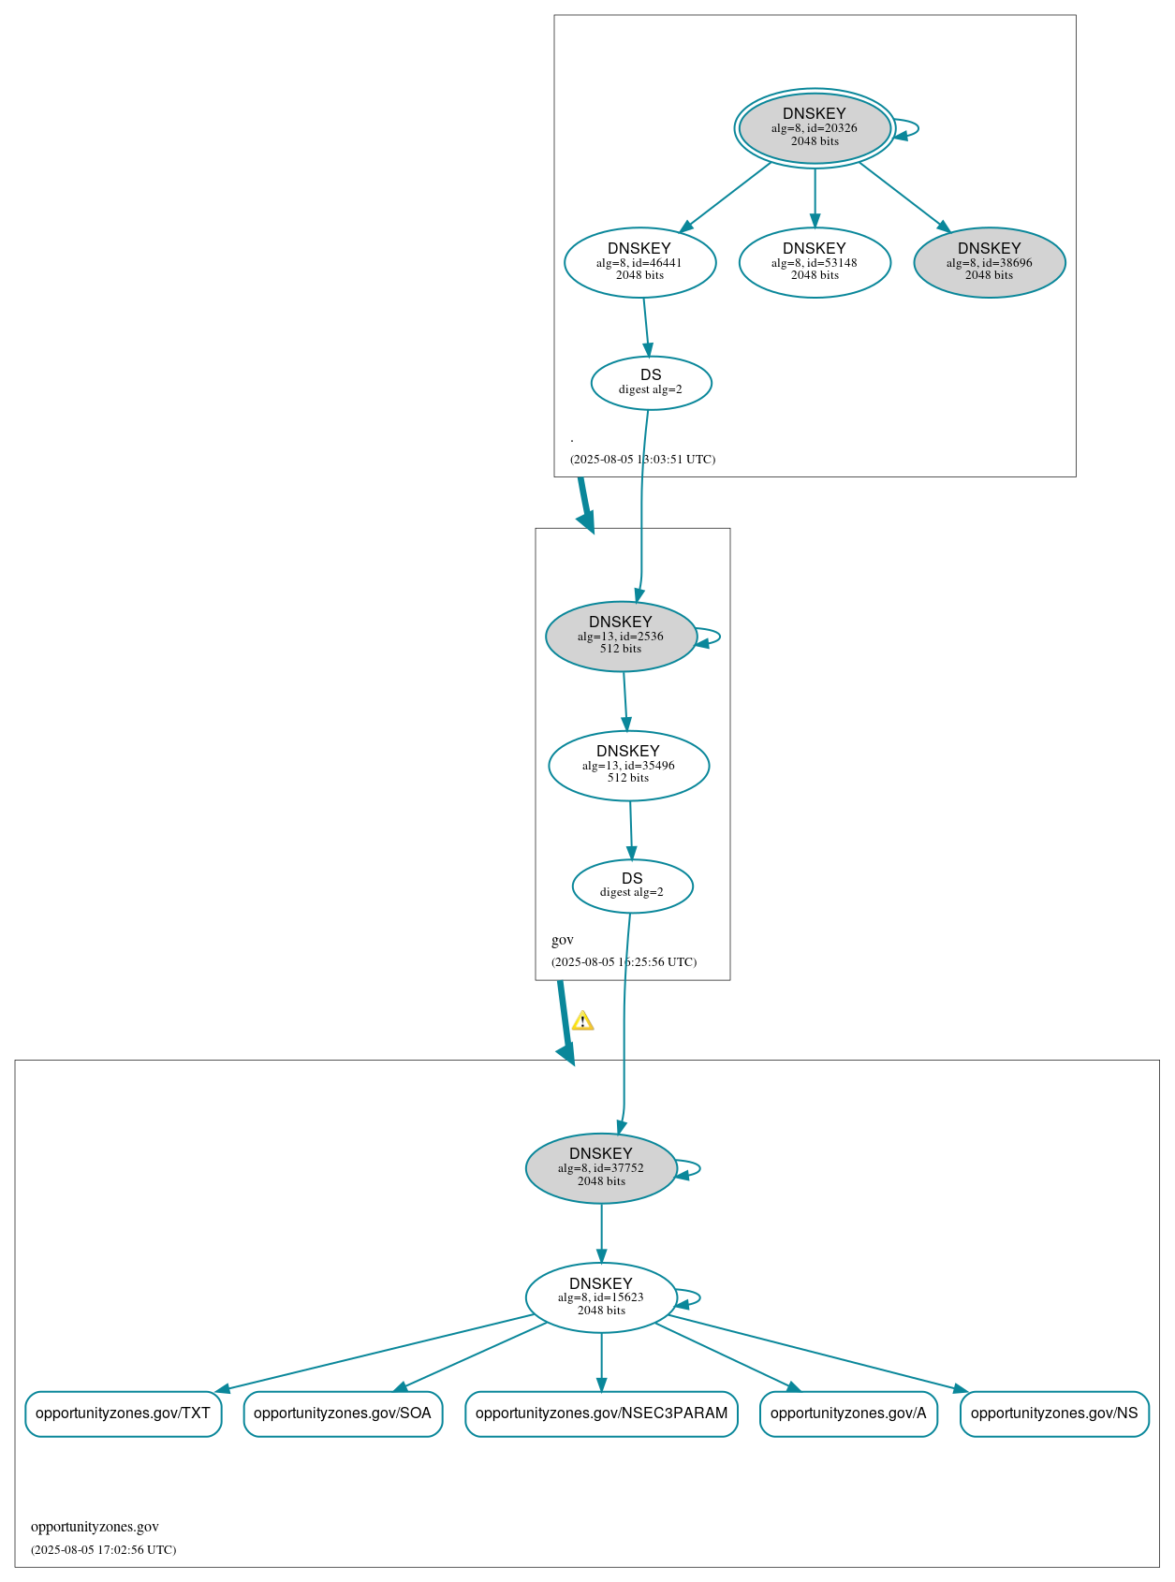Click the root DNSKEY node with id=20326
tap(814, 128)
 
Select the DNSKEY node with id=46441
tap(639, 262)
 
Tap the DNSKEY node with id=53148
tap(814, 262)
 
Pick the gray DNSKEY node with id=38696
tap(989, 262)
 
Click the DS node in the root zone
tap(651, 382)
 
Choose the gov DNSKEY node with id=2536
tap(620, 636)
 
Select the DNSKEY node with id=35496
tap(628, 765)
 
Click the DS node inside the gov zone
tap(632, 885)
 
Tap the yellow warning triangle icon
tap(582, 1020)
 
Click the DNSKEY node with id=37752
tap(601, 1167)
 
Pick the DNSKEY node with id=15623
tap(601, 1296)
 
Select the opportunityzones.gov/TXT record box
tap(123, 1413)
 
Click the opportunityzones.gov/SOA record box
tap(343, 1413)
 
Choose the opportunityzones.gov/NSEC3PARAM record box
tap(601, 1413)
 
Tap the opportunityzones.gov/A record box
tap(848, 1413)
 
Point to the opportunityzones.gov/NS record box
tap(1054, 1413)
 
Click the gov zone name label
tap(563, 940)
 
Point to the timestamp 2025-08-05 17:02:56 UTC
tap(103, 1549)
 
